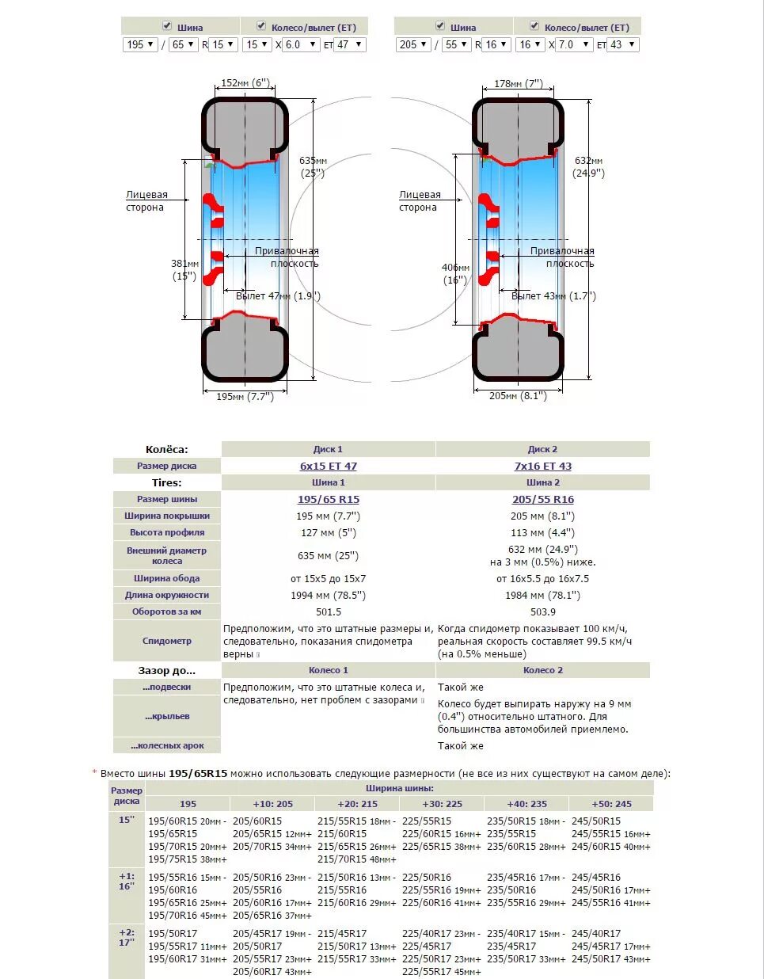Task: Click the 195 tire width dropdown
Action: pos(140,44)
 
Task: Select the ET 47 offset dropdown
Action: pos(349,44)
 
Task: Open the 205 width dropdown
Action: pos(412,44)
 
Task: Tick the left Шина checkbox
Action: pos(166,26)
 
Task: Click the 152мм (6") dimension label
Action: pos(245,82)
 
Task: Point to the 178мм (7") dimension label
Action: pos(519,82)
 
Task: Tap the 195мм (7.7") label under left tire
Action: pos(245,396)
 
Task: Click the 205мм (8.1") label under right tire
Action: pos(519,395)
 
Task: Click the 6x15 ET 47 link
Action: pos(329,466)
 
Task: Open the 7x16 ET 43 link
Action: pos(543,466)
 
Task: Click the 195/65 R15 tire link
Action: pos(329,499)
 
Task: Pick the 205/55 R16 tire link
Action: pos(543,499)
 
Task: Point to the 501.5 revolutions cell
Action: pos(329,611)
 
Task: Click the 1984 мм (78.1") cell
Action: pos(543,595)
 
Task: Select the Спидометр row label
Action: pos(167,641)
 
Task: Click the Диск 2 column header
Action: pos(543,449)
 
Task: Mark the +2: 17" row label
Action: pos(127,938)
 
